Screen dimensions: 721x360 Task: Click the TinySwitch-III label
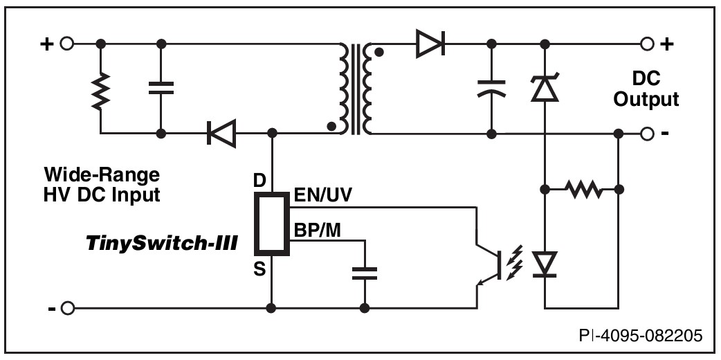161,243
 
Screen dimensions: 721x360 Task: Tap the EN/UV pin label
323,196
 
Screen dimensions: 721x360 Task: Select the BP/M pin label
318,230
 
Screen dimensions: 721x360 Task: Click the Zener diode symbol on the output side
545,87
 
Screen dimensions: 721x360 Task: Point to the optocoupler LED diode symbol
545,264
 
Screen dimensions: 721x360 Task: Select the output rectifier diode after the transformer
430,44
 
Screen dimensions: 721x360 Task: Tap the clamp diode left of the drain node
221,134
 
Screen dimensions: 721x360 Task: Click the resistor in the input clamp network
101,90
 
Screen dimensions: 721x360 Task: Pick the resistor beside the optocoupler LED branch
583,189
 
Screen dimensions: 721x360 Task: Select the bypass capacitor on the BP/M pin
365,273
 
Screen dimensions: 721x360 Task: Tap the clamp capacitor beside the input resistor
161,88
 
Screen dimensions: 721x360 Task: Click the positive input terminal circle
67,44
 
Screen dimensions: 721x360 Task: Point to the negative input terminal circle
67,308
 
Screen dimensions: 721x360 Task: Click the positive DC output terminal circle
647,44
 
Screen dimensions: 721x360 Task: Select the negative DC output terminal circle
647,134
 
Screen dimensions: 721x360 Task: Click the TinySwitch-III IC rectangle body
272,224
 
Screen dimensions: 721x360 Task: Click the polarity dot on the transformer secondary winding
379,52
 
